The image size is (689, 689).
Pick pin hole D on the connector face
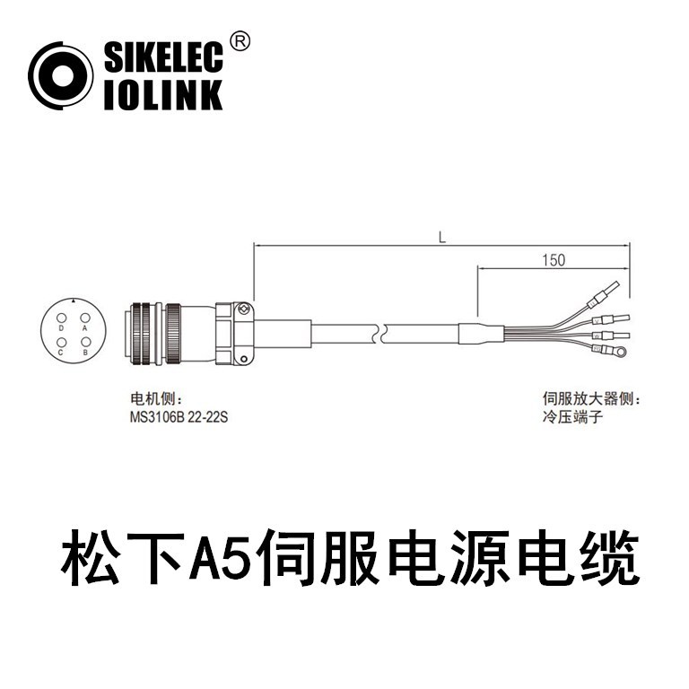61,318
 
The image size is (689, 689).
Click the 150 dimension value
554,260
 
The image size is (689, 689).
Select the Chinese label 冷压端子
567,416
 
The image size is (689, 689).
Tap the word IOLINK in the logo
162,95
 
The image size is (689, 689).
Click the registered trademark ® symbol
240,40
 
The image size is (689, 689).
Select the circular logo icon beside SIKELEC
61,76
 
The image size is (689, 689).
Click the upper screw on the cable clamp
243,310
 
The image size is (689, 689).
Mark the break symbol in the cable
382,332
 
